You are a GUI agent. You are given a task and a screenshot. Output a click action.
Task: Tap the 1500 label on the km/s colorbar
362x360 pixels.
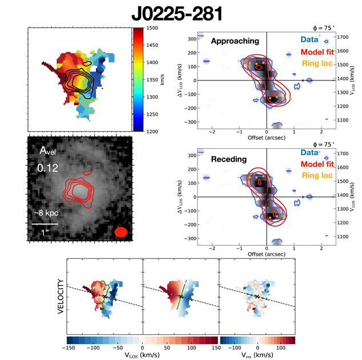click(x=152, y=27)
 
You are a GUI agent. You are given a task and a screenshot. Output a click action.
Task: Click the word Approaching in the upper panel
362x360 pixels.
click(x=235, y=41)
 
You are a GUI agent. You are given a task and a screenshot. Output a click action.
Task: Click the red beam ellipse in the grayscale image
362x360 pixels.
click(x=120, y=232)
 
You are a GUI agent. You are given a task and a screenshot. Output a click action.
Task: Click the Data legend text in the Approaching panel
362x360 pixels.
click(x=309, y=40)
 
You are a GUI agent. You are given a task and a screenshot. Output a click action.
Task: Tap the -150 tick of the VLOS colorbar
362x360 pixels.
click(x=69, y=346)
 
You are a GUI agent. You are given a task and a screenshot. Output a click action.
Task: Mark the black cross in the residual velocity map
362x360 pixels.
click(x=258, y=297)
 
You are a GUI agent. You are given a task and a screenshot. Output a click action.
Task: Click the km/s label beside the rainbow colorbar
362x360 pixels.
click(x=163, y=79)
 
